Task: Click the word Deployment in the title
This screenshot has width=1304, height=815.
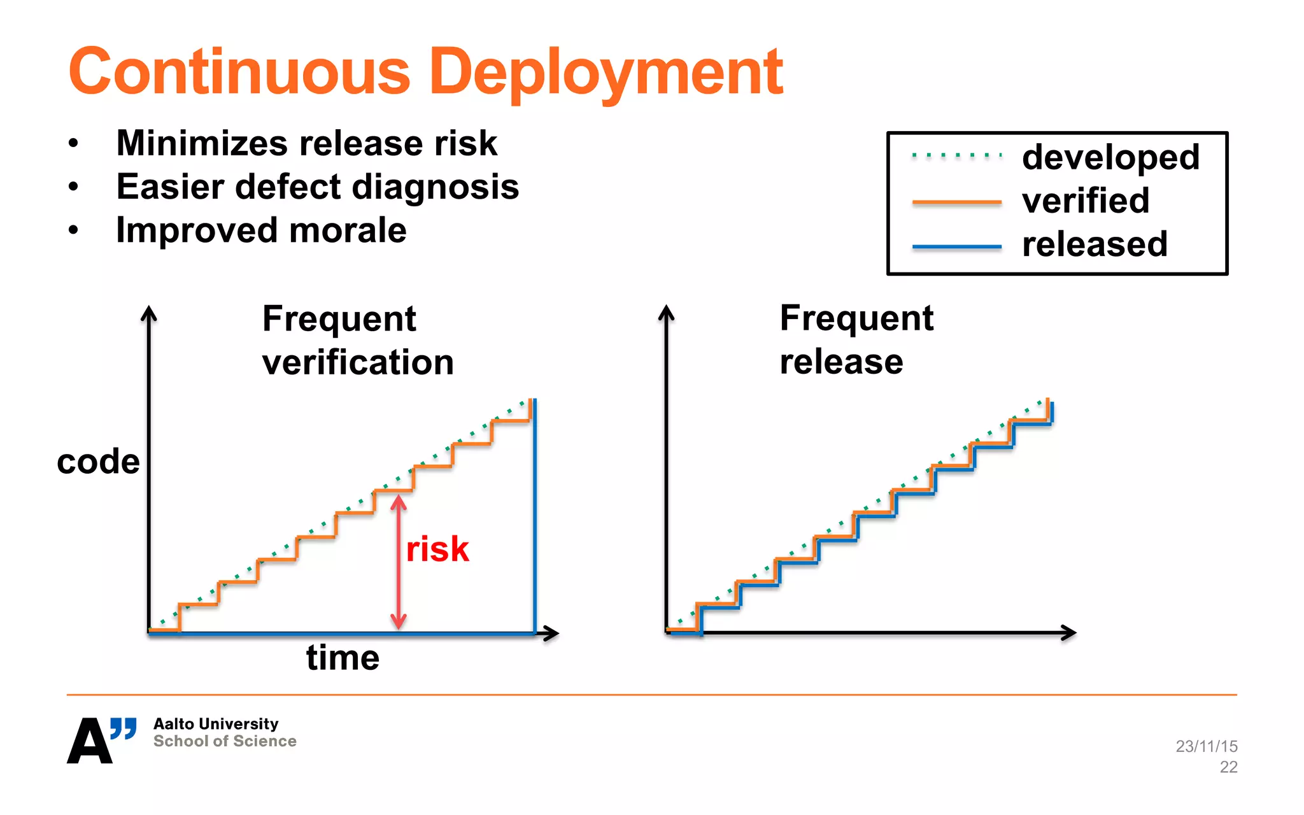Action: click(x=606, y=73)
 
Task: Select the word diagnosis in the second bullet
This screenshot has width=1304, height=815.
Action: click(x=435, y=187)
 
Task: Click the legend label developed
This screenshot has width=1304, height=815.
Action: click(x=1110, y=157)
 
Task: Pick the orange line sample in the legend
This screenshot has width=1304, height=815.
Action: click(x=956, y=202)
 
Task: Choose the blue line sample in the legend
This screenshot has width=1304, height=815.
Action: click(x=956, y=246)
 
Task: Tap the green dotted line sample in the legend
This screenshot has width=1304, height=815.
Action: click(x=956, y=155)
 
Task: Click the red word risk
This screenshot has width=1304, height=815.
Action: click(x=437, y=549)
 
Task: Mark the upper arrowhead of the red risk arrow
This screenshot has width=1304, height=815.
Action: click(x=399, y=502)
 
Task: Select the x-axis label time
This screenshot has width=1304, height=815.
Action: click(x=343, y=658)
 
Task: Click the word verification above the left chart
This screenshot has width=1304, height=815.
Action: click(x=358, y=362)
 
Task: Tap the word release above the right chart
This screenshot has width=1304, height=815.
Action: click(x=840, y=362)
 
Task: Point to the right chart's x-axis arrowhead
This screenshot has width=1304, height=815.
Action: click(x=1070, y=632)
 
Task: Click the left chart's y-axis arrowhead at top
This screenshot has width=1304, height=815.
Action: click(x=149, y=312)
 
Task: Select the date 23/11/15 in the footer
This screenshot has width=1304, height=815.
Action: click(x=1206, y=746)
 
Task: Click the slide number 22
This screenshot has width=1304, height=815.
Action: click(x=1228, y=767)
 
